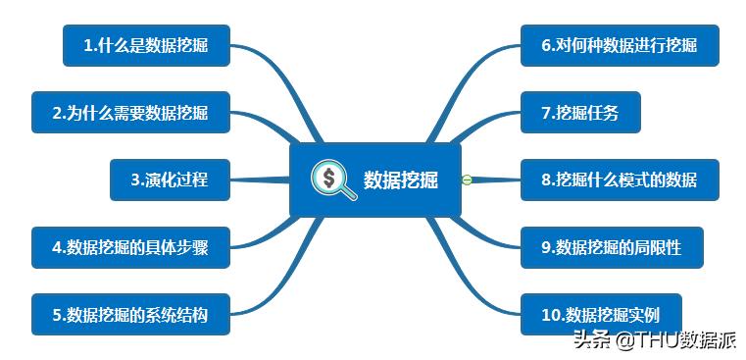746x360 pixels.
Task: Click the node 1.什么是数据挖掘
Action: click(146, 45)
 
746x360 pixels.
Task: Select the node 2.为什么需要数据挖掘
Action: click(130, 113)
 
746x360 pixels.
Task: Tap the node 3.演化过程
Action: click(170, 180)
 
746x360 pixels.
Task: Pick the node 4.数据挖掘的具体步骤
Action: click(130, 247)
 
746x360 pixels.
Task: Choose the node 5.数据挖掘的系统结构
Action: click(130, 314)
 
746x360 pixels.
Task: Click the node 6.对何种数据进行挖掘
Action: click(620, 45)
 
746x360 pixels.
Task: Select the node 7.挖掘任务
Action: click(581, 113)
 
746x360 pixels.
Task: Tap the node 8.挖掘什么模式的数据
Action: click(620, 180)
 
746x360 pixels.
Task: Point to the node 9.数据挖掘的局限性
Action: click(611, 247)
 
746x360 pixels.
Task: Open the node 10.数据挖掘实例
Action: click(601, 314)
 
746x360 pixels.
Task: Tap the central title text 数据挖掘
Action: click(401, 180)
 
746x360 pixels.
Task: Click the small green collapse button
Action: click(468, 180)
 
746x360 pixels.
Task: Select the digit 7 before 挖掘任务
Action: click(546, 113)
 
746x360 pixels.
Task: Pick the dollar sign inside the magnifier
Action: click(330, 177)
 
